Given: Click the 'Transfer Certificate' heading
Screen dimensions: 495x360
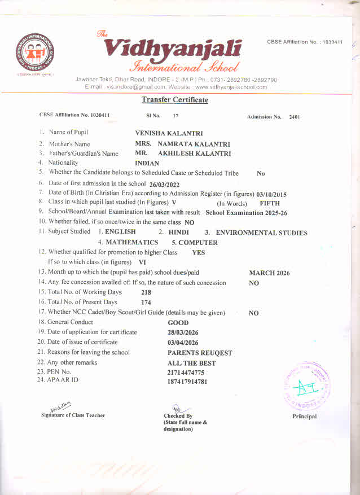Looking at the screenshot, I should coord(174,100).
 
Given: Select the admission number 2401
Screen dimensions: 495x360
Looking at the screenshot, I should coord(294,117).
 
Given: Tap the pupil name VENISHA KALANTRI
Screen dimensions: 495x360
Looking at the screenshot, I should coord(168,133).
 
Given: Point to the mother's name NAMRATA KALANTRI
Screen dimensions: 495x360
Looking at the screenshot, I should coord(194,143).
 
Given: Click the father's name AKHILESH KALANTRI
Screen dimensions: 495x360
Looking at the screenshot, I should coord(194,153).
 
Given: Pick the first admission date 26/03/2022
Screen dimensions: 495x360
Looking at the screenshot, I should coord(164,185).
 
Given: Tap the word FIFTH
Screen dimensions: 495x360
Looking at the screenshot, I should coord(269,203).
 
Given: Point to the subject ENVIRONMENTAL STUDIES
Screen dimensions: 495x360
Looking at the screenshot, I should coord(262,233).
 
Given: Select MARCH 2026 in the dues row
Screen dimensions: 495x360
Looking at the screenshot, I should coord(269,273).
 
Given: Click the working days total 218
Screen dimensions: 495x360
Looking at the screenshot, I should coord(146,292).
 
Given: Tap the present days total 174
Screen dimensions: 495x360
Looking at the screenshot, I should coord(146,303).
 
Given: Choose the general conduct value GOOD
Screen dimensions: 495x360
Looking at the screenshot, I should coord(178,323).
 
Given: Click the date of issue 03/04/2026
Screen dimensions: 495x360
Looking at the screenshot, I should coord(183,343).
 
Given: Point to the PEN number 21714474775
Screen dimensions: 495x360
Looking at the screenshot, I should coord(186,373).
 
